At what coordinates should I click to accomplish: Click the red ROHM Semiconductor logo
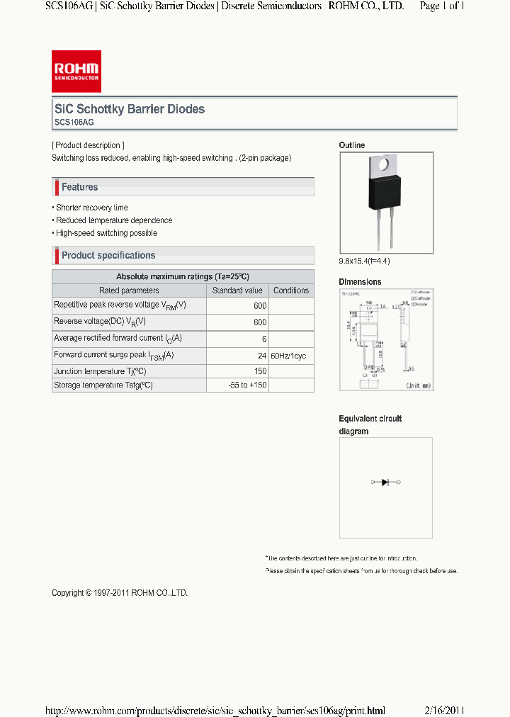click(x=76, y=72)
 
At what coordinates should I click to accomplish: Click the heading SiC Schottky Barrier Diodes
click(x=130, y=109)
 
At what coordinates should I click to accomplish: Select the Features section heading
click(x=79, y=187)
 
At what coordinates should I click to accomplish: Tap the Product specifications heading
click(x=108, y=255)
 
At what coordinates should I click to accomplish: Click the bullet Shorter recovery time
click(x=91, y=208)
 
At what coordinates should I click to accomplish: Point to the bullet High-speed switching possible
click(x=106, y=233)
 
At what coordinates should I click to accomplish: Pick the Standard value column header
click(x=237, y=290)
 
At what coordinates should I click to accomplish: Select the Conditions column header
click(x=291, y=290)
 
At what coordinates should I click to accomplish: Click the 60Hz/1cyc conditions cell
click(x=288, y=356)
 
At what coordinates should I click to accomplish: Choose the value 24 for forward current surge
click(x=262, y=356)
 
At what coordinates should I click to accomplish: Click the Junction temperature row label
click(x=100, y=371)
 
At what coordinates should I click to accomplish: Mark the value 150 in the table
click(x=260, y=371)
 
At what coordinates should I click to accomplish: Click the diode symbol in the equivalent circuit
click(x=385, y=482)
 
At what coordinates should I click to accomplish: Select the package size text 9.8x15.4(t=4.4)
click(x=364, y=261)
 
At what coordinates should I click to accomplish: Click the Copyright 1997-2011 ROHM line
click(x=120, y=593)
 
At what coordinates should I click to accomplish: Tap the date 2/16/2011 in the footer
click(x=444, y=710)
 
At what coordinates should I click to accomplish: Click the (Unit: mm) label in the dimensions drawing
click(x=417, y=385)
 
